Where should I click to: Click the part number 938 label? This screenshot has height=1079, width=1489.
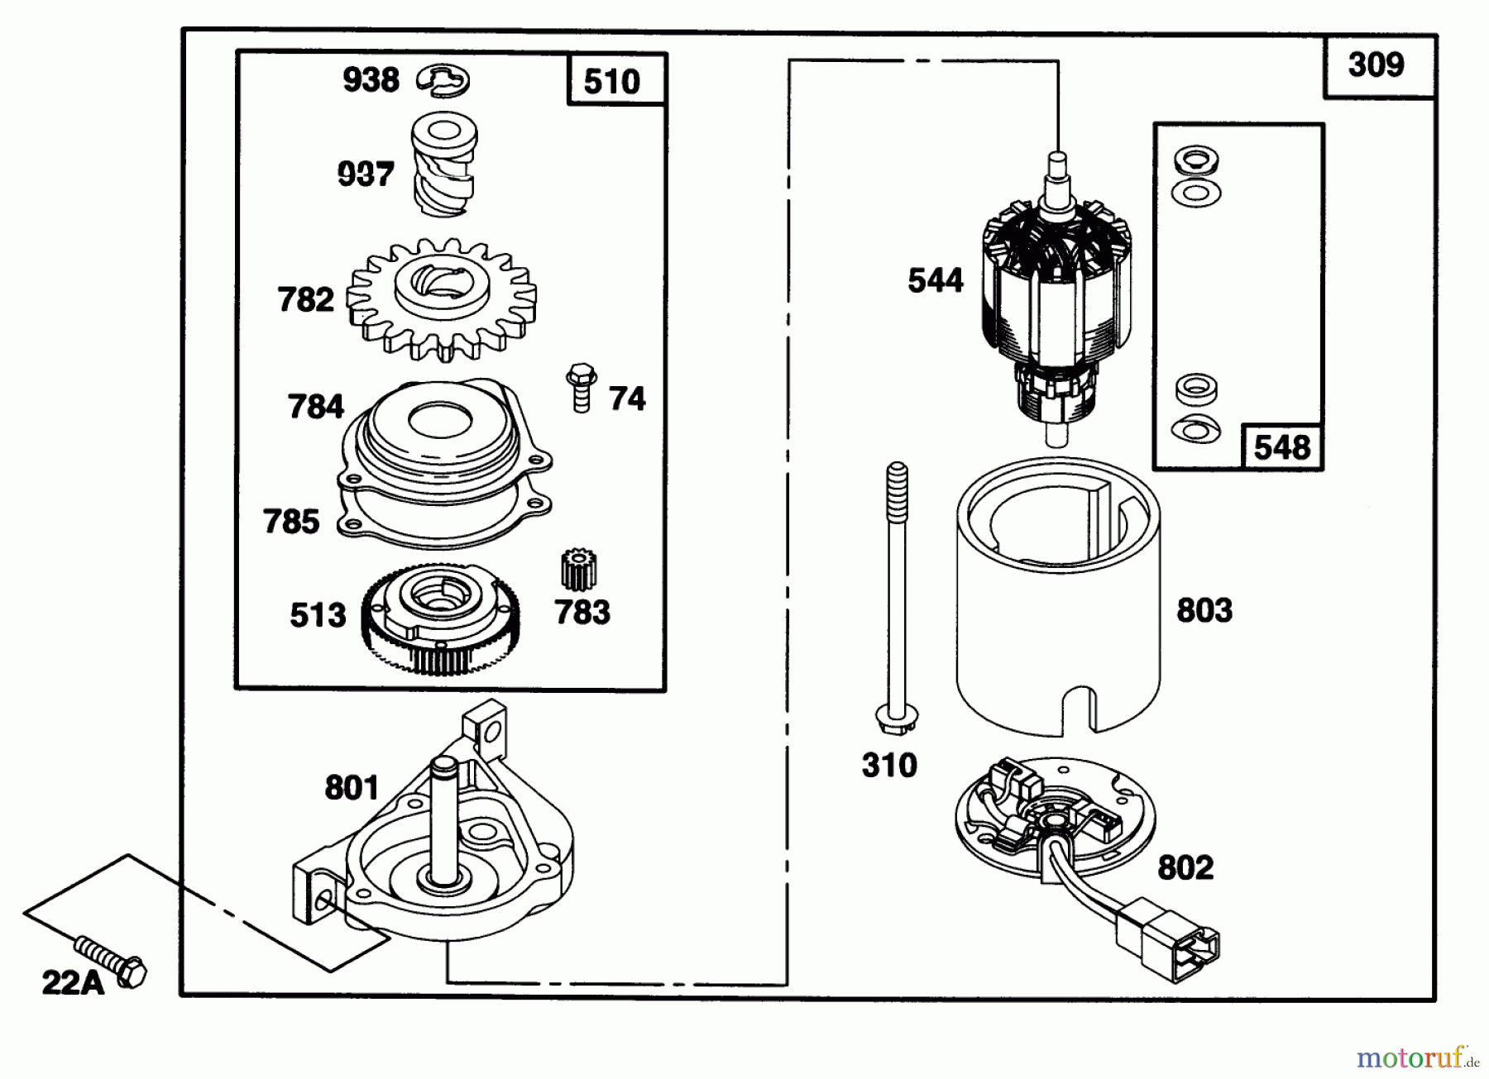pos(371,80)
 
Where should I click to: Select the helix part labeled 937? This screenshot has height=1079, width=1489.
pos(445,165)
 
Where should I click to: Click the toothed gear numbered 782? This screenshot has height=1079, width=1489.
pos(441,299)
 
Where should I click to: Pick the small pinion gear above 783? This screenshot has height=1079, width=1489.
pos(579,571)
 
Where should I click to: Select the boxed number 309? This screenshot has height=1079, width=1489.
pos(1376,64)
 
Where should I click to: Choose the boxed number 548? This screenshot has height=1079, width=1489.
pos(1282,447)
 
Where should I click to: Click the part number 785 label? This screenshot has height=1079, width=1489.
pos(291,522)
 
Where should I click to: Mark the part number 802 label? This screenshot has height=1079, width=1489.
pos(1185,867)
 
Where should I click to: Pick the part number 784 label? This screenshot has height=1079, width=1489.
pos(316,407)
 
